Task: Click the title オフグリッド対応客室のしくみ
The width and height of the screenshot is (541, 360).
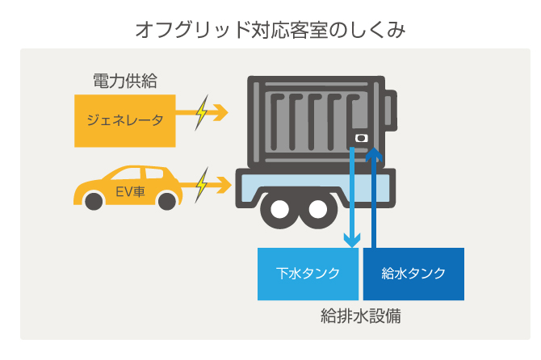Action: click(270, 31)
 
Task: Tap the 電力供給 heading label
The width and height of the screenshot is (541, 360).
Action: click(124, 81)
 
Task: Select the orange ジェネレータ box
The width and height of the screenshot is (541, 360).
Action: click(124, 121)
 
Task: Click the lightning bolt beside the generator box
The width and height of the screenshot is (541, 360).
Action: click(202, 113)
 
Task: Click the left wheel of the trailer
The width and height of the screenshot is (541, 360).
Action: click(279, 211)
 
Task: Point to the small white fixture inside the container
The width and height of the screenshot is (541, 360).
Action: click(361, 139)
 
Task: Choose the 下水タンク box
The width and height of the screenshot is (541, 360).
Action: click(308, 274)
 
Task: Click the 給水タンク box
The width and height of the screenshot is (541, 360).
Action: click(413, 274)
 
